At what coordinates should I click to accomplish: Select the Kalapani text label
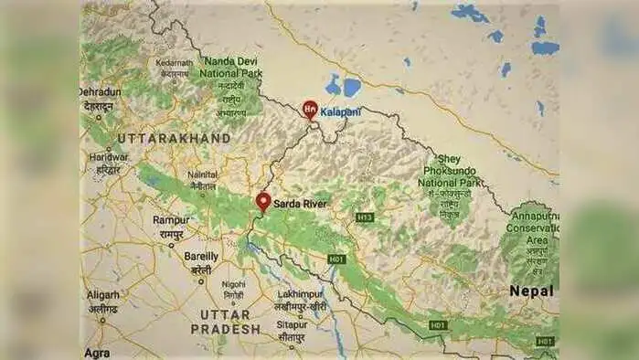coord(341,111)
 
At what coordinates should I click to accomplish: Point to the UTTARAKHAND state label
coord(174,138)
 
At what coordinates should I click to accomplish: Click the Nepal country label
coord(531,291)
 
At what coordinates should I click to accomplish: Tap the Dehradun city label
coord(99,92)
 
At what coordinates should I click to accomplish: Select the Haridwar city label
coord(107,157)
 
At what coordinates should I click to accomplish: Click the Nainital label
coord(202,174)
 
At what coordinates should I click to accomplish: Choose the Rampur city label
coord(171,220)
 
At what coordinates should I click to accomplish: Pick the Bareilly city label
coord(201,257)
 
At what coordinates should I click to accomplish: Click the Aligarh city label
coord(103,295)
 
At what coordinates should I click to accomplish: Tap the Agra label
coord(97,352)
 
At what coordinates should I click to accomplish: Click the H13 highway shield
coord(365,217)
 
